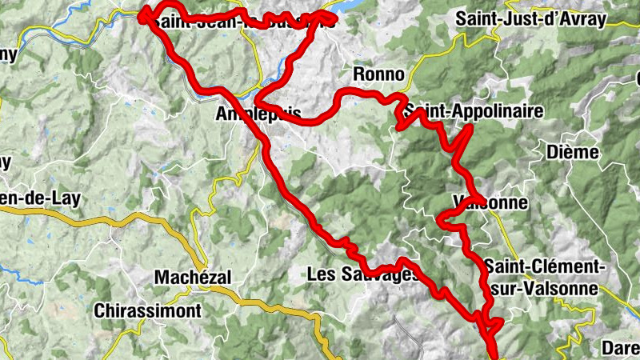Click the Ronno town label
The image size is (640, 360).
[379, 75]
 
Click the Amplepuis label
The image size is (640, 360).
[258, 114]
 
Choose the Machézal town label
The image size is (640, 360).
[193, 277]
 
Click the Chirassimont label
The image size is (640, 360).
[148, 310]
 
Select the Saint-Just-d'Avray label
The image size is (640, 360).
[530, 20]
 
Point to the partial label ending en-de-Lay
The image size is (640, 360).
[42, 198]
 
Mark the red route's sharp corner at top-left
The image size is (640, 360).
[145, 14]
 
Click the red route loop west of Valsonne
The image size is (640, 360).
[445, 217]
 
